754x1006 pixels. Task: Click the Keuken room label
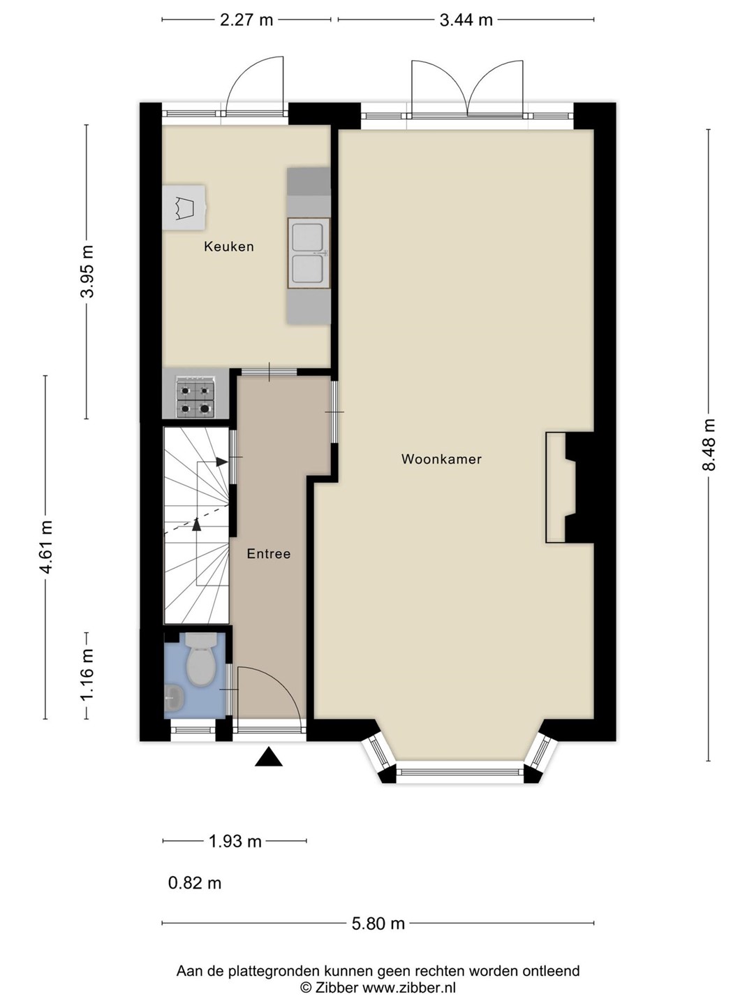pyautogui.click(x=229, y=247)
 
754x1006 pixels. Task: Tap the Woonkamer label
pyautogui.click(x=441, y=459)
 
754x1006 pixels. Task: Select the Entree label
pyautogui.click(x=269, y=553)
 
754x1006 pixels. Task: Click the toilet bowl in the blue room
pyautogui.click(x=201, y=659)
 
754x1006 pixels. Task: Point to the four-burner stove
pyautogui.click(x=195, y=397)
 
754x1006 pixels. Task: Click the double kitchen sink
pyautogui.click(x=309, y=253)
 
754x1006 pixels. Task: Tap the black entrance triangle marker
pyautogui.click(x=269, y=757)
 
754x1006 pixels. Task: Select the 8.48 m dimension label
pyautogui.click(x=708, y=445)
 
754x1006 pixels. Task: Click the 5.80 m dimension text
pyautogui.click(x=378, y=923)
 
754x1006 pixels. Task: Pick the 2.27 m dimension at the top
pyautogui.click(x=246, y=20)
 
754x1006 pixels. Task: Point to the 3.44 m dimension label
pyautogui.click(x=466, y=20)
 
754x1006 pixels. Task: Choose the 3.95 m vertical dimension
pyautogui.click(x=87, y=271)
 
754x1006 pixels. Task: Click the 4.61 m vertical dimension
pyautogui.click(x=46, y=547)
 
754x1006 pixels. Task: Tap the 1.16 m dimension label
pyautogui.click(x=87, y=675)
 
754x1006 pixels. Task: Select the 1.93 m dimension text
pyautogui.click(x=235, y=841)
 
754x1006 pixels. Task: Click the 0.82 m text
pyautogui.click(x=195, y=883)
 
